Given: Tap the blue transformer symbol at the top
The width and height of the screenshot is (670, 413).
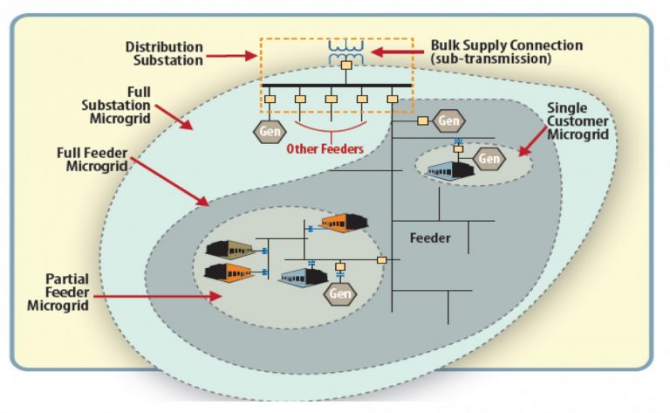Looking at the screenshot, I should (x=346, y=49).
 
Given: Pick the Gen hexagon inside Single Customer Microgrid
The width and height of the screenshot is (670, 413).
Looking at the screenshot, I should (x=489, y=158).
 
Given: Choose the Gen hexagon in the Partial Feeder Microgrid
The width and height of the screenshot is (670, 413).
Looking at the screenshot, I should (x=340, y=293).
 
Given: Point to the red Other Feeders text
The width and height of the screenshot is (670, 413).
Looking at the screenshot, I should (x=325, y=148).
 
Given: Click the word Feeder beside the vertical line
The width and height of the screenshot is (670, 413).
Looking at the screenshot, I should (x=430, y=237).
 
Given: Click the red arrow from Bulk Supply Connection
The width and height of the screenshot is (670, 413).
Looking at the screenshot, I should (x=397, y=52).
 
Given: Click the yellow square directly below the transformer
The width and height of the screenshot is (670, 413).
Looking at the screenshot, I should (x=346, y=65).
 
